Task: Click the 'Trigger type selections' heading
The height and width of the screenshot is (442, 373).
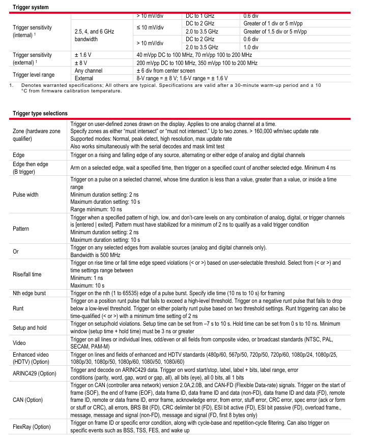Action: point(40,113)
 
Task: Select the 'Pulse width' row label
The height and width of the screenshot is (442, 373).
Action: point(25,194)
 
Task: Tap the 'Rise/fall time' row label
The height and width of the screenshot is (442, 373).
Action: point(27,274)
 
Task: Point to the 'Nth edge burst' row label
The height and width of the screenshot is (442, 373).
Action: point(30,294)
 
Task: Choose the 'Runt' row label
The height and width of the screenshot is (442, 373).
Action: point(18,308)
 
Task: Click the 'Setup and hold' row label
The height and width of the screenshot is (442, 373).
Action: point(30,328)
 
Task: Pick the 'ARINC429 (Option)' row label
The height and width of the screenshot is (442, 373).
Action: point(35,373)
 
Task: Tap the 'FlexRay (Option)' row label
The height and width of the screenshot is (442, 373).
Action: point(32,427)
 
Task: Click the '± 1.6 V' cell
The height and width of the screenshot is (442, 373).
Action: point(83,54)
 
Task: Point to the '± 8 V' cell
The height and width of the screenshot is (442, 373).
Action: point(80,63)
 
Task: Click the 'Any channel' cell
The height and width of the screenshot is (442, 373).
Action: point(89,71)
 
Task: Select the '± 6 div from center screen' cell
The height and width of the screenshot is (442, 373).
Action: point(165,71)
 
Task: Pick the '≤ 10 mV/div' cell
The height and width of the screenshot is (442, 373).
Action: point(150,27)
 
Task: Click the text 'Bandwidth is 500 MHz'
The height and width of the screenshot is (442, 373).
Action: point(96,255)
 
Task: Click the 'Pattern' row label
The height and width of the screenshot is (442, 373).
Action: point(21,229)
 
